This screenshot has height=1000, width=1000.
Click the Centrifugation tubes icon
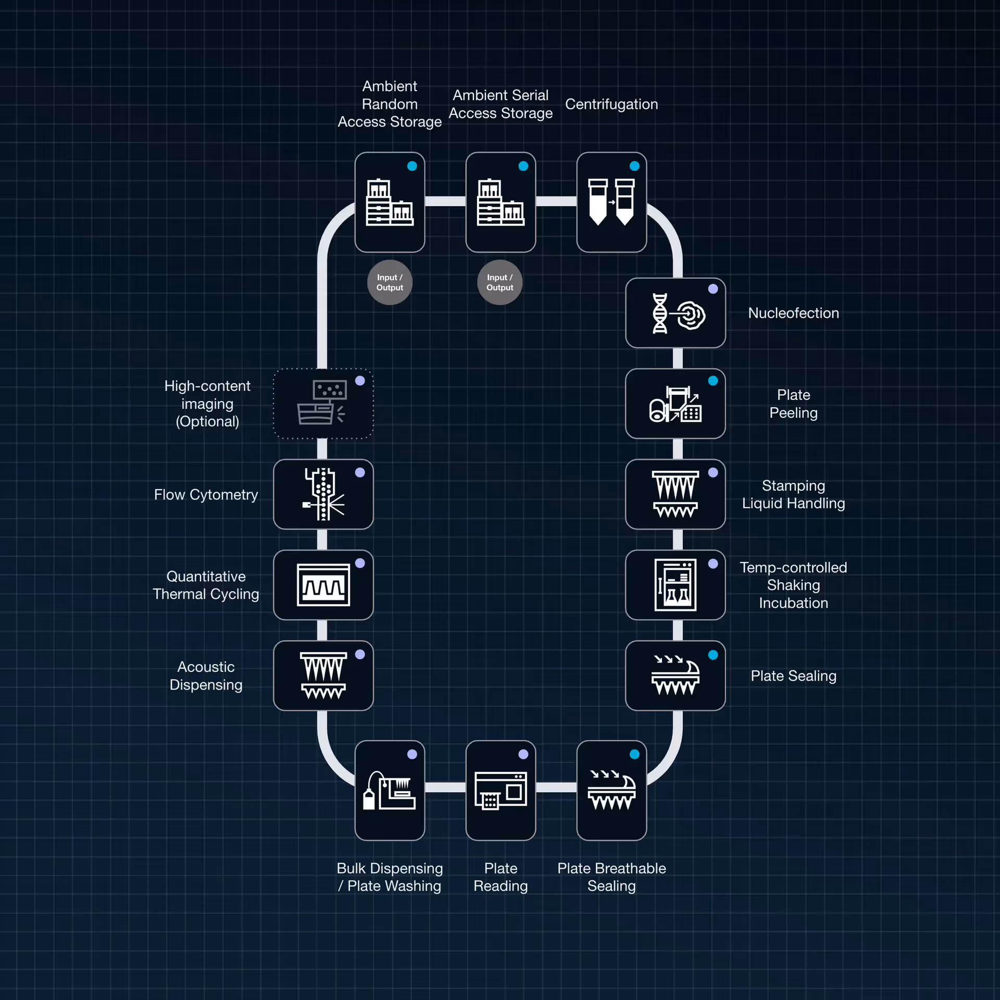coord(611,202)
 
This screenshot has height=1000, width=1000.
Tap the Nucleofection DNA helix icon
coord(660,313)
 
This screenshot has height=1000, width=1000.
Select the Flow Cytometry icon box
coord(323,494)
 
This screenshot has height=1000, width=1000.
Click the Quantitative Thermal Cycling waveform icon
coord(323,585)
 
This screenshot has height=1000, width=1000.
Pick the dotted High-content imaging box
coord(323,404)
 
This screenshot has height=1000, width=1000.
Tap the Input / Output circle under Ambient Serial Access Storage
coord(499,282)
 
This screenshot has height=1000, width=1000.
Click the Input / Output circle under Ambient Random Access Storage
coord(390,282)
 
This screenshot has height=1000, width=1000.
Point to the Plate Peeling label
coord(793,404)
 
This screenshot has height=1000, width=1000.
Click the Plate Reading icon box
coord(501,790)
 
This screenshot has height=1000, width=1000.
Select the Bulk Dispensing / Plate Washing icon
coord(390,791)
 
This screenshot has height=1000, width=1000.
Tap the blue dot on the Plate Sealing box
coord(713,655)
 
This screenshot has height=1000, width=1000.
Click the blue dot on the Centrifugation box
coord(634,166)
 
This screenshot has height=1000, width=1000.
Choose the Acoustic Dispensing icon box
coord(323,676)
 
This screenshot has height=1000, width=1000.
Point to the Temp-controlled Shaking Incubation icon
coord(676,585)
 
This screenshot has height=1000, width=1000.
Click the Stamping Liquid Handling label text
coord(793,494)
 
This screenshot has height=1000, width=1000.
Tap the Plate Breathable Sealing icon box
coord(611,790)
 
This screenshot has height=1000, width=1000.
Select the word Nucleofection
coord(793,313)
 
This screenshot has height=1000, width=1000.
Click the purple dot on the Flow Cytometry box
coord(360,472)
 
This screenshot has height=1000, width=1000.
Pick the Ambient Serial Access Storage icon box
coord(501,202)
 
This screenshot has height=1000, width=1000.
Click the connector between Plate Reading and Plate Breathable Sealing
coord(556,787)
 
